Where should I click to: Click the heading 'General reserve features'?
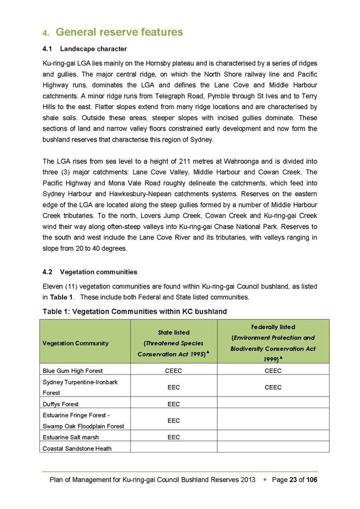pyautogui.click(x=119, y=32)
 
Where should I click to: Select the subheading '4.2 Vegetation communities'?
pyautogui.click(x=89, y=272)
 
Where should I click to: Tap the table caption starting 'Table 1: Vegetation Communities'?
pyautogui.click(x=134, y=312)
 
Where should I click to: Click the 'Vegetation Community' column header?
pyautogui.click(x=76, y=343)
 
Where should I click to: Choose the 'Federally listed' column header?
pyautogui.click(x=273, y=327)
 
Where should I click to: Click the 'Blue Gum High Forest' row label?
pyautogui.click(x=72, y=371)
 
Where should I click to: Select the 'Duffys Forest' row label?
pyautogui.click(x=60, y=404)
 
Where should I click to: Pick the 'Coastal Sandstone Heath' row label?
pyautogui.click(x=76, y=449)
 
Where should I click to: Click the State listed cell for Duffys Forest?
pyautogui.click(x=173, y=404)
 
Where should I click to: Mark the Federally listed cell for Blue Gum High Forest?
pyautogui.click(x=273, y=371)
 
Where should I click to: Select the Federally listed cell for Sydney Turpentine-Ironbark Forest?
pyautogui.click(x=273, y=387)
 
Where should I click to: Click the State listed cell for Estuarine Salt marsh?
pyautogui.click(x=173, y=438)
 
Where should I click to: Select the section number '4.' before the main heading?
pyautogui.click(x=46, y=33)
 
